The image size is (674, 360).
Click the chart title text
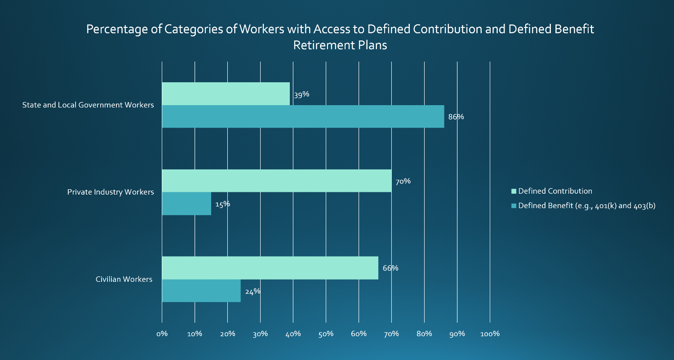click(x=340, y=37)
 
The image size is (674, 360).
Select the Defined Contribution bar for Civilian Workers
click(x=270, y=268)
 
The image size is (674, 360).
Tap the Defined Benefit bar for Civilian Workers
click(x=201, y=291)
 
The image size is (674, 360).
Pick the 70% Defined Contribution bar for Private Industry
click(x=276, y=181)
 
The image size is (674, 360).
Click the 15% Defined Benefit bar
click(x=186, y=204)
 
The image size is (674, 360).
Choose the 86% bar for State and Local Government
click(x=302, y=116)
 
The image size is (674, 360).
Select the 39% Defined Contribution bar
click(x=226, y=93)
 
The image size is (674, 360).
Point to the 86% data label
click(x=456, y=117)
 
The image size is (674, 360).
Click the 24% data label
click(x=253, y=291)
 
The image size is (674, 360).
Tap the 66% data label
click(x=390, y=268)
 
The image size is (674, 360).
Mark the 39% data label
click(x=302, y=95)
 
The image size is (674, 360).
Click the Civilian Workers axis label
click(x=124, y=280)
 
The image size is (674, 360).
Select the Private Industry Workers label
click(x=111, y=192)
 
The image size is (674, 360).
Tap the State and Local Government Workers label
click(x=88, y=105)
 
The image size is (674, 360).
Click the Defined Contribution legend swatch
click(x=514, y=191)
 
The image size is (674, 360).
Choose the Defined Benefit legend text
click(x=587, y=206)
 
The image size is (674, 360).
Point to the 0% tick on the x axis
click(x=162, y=334)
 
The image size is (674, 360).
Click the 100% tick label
click(x=490, y=334)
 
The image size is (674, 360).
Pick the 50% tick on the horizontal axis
click(x=326, y=334)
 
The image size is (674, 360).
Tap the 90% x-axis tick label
click(x=457, y=334)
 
